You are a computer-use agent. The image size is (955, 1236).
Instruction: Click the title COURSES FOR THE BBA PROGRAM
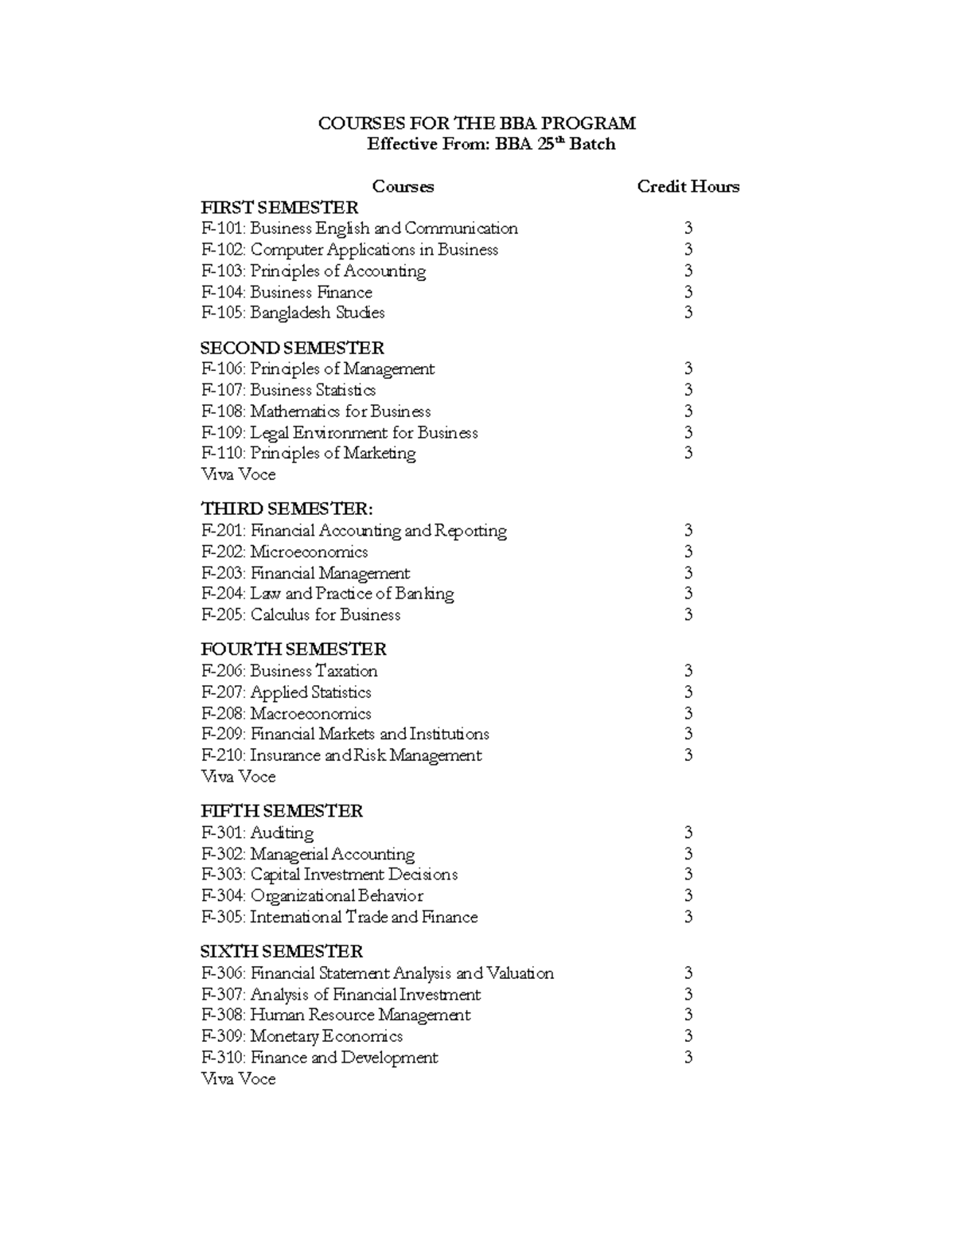(x=477, y=123)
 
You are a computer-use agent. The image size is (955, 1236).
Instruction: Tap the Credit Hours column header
(x=688, y=186)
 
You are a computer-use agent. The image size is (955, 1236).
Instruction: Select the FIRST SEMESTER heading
(x=279, y=208)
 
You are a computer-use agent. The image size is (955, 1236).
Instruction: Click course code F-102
(x=223, y=250)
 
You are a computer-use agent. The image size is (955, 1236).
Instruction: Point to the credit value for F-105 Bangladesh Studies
(x=688, y=313)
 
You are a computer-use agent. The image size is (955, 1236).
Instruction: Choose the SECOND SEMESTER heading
(x=292, y=348)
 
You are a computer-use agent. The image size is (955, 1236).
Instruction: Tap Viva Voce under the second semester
(x=238, y=474)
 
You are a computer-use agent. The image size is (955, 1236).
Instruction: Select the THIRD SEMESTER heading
(x=286, y=509)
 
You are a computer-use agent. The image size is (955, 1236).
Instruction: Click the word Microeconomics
(x=309, y=552)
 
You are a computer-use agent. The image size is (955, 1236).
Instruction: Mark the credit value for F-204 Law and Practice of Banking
(x=688, y=594)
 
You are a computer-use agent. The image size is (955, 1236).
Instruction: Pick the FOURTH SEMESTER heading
(x=294, y=649)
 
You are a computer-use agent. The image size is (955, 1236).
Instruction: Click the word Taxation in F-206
(x=346, y=671)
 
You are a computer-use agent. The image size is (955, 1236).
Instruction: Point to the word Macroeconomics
(x=310, y=713)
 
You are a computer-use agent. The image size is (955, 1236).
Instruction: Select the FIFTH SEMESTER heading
(x=282, y=811)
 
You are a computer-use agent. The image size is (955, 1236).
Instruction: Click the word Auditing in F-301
(x=282, y=832)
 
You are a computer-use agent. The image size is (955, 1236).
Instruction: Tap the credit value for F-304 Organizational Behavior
(x=688, y=896)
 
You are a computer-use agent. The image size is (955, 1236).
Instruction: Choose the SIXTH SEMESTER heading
(x=282, y=952)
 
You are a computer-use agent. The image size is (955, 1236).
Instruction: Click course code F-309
(x=223, y=1036)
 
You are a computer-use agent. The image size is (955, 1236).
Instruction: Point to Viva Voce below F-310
(x=238, y=1079)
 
